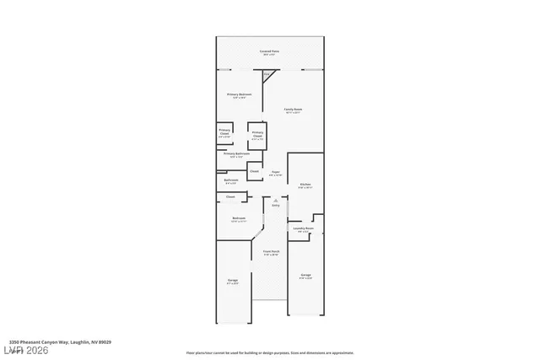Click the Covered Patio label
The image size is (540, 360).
(x=269, y=52)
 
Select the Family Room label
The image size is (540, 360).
(x=293, y=110)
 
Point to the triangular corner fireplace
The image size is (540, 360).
(x=267, y=77)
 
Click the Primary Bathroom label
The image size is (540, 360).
(x=236, y=155)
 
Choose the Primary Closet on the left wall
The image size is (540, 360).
(x=224, y=132)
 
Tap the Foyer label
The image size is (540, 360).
(x=275, y=173)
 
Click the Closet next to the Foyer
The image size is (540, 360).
(x=254, y=171)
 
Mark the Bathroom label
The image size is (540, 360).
(x=231, y=180)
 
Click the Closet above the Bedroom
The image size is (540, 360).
(x=229, y=197)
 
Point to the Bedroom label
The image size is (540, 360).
(x=239, y=219)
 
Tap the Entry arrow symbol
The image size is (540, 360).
(x=274, y=199)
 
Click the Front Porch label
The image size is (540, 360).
(x=271, y=253)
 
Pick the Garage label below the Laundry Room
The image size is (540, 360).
(x=305, y=276)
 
